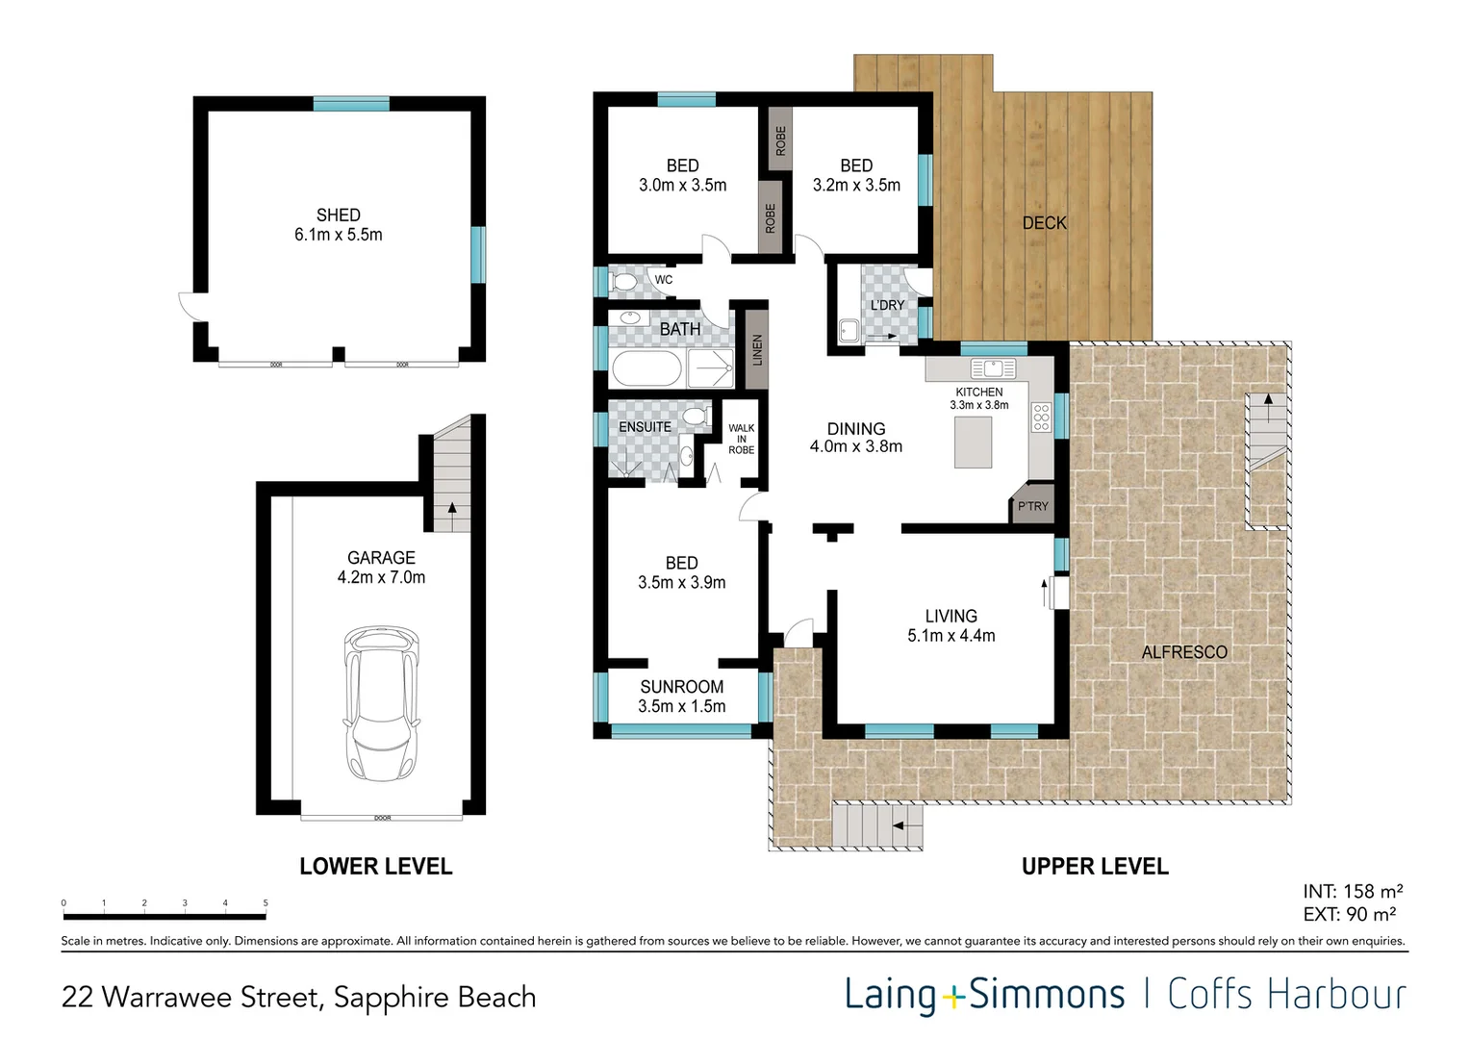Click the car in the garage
click(382, 704)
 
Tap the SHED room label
click(339, 215)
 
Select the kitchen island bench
click(973, 443)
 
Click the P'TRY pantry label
click(1033, 506)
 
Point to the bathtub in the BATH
click(646, 368)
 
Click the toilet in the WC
click(624, 282)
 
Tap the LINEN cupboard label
click(757, 350)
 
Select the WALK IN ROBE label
click(741, 439)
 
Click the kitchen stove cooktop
click(1040, 417)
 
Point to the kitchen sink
click(993, 368)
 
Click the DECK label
click(1044, 223)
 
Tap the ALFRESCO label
click(1184, 652)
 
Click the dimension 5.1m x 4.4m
click(950, 636)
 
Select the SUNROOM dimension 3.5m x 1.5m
click(681, 706)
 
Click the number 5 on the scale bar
click(266, 903)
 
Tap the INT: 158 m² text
click(1352, 892)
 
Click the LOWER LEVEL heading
click(375, 867)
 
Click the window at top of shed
click(351, 104)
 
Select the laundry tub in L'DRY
click(849, 331)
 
